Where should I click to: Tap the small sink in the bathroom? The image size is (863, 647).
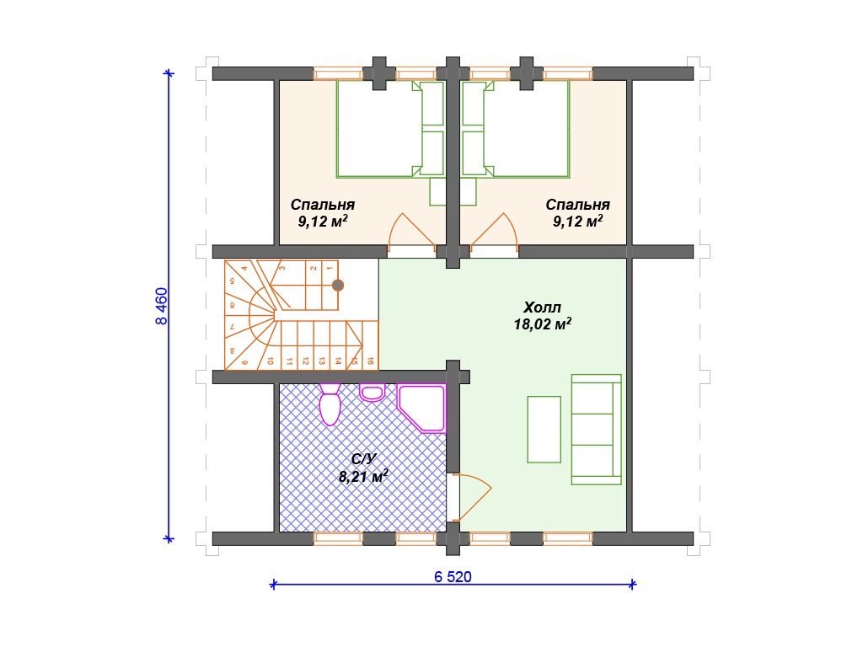click(373, 393)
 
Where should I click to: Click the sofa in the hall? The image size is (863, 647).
click(597, 430)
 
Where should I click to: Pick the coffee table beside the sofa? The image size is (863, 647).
click(544, 430)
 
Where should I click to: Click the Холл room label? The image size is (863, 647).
click(542, 307)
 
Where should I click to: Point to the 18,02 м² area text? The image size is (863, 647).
click(543, 324)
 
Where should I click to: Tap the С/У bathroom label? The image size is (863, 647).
click(364, 459)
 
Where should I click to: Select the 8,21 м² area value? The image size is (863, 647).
click(363, 477)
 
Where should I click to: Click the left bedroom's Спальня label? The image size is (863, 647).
click(323, 205)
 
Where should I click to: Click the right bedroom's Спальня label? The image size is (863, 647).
click(578, 205)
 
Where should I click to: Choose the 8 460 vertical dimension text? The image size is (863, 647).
click(161, 306)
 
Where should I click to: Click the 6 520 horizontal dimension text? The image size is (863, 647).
click(453, 576)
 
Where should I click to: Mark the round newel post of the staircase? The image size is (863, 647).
click(338, 285)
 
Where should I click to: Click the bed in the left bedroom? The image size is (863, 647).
click(390, 129)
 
